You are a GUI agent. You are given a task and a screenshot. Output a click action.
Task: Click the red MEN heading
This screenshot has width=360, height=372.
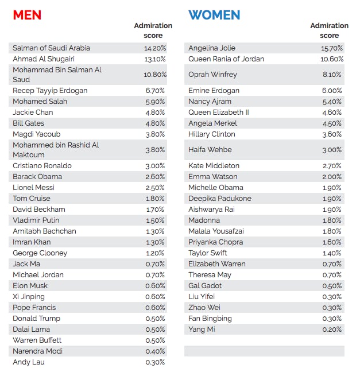[27, 15]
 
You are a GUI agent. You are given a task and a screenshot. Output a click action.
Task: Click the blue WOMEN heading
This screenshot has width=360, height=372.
[214, 15]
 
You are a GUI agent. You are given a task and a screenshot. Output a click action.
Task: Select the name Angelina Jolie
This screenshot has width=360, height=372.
[212, 48]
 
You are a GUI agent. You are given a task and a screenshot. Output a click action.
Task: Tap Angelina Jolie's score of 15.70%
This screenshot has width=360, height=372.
[332, 48]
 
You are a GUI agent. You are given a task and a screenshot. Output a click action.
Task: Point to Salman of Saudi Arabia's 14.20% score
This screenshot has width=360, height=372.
[155, 48]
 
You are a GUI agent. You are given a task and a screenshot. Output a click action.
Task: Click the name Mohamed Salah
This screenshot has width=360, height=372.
[40, 101]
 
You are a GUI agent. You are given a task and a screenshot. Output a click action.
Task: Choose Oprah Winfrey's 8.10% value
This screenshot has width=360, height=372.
[332, 75]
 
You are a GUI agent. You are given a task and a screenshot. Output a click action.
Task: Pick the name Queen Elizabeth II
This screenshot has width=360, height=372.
[219, 112]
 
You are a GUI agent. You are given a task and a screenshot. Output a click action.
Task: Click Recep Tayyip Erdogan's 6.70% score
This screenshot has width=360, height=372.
[155, 90]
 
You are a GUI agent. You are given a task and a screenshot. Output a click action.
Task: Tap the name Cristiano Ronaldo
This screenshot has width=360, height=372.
[42, 165]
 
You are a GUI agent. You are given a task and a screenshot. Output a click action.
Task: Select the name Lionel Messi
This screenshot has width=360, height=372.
[33, 187]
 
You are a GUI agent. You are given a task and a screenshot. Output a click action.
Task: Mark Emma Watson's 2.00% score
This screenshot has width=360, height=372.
[332, 177]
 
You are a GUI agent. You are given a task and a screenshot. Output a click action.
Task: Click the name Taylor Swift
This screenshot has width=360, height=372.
[208, 253]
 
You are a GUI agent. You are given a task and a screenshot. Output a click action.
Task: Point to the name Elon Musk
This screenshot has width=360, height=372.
[30, 286]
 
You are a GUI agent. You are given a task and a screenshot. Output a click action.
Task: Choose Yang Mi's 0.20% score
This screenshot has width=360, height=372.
[332, 330]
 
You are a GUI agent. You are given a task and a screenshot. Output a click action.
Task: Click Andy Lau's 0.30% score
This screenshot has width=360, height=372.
[155, 362]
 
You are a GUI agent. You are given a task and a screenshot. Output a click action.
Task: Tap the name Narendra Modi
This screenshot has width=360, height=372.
[37, 351]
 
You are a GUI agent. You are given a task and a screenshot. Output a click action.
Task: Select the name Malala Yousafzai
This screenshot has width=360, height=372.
[216, 231]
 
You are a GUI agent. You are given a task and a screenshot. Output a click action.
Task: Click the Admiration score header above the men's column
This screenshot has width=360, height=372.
[153, 30]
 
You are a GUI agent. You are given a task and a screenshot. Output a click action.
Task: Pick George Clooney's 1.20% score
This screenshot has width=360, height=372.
[155, 253]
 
